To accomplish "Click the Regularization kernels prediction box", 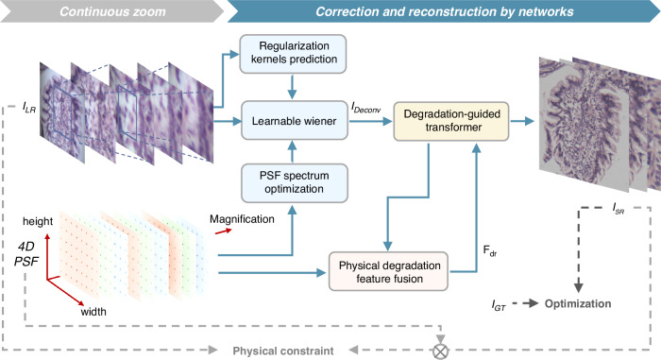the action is point(293,54).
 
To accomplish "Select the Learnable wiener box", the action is point(295,121).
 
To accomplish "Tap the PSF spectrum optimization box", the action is point(295,182).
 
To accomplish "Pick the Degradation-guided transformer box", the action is point(451,121).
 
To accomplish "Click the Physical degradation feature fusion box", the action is point(388,271).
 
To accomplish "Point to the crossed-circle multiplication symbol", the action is point(441,351).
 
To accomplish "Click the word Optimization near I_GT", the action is point(578,303).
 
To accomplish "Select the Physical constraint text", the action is point(283,351).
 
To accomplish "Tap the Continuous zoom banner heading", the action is point(112,11).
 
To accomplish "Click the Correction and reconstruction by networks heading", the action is point(445,11).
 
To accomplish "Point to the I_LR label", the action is point(29,108).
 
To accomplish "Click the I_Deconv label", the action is point(366,108).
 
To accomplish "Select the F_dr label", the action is point(490,250).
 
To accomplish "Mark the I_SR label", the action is point(619,208).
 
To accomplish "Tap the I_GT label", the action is point(499,304).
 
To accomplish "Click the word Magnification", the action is point(242,219).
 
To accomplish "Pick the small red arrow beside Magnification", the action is point(224,231).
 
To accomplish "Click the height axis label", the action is point(38,221).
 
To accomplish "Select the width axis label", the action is point(93,312).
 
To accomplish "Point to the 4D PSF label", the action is point(26,254).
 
